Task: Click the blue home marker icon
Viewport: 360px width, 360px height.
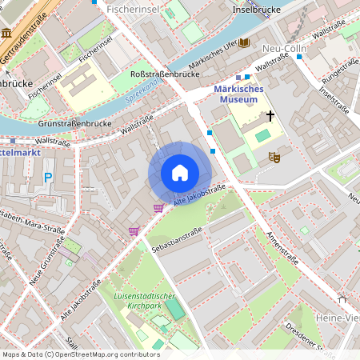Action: [180, 173]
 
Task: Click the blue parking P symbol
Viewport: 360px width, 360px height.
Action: [48, 178]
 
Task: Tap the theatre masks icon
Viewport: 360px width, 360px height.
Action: [274, 158]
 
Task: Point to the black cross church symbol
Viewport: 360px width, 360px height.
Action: [270, 116]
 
